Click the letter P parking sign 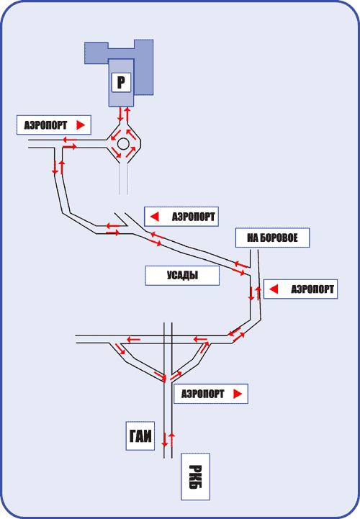(x=121, y=82)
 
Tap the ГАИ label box (x=140, y=435)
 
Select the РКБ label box (x=195, y=477)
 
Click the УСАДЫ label (x=182, y=276)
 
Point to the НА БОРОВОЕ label (x=273, y=238)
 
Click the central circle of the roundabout (x=123, y=144)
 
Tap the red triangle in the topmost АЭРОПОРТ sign (x=81, y=125)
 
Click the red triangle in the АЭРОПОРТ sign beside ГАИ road (x=238, y=394)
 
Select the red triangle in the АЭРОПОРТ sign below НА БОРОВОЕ (x=274, y=289)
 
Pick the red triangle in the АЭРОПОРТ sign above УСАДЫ (x=155, y=217)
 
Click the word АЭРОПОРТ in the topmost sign (x=45, y=125)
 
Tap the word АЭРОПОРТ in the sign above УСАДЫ (x=194, y=217)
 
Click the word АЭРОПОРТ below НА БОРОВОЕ (x=312, y=289)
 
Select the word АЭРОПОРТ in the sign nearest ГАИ (x=203, y=394)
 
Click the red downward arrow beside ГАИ (x=164, y=439)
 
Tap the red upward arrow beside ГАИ (x=171, y=439)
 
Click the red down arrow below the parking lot (x=120, y=114)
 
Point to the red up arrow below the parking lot (x=126, y=114)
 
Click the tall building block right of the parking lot (x=143, y=68)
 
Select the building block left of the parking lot (x=96, y=53)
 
